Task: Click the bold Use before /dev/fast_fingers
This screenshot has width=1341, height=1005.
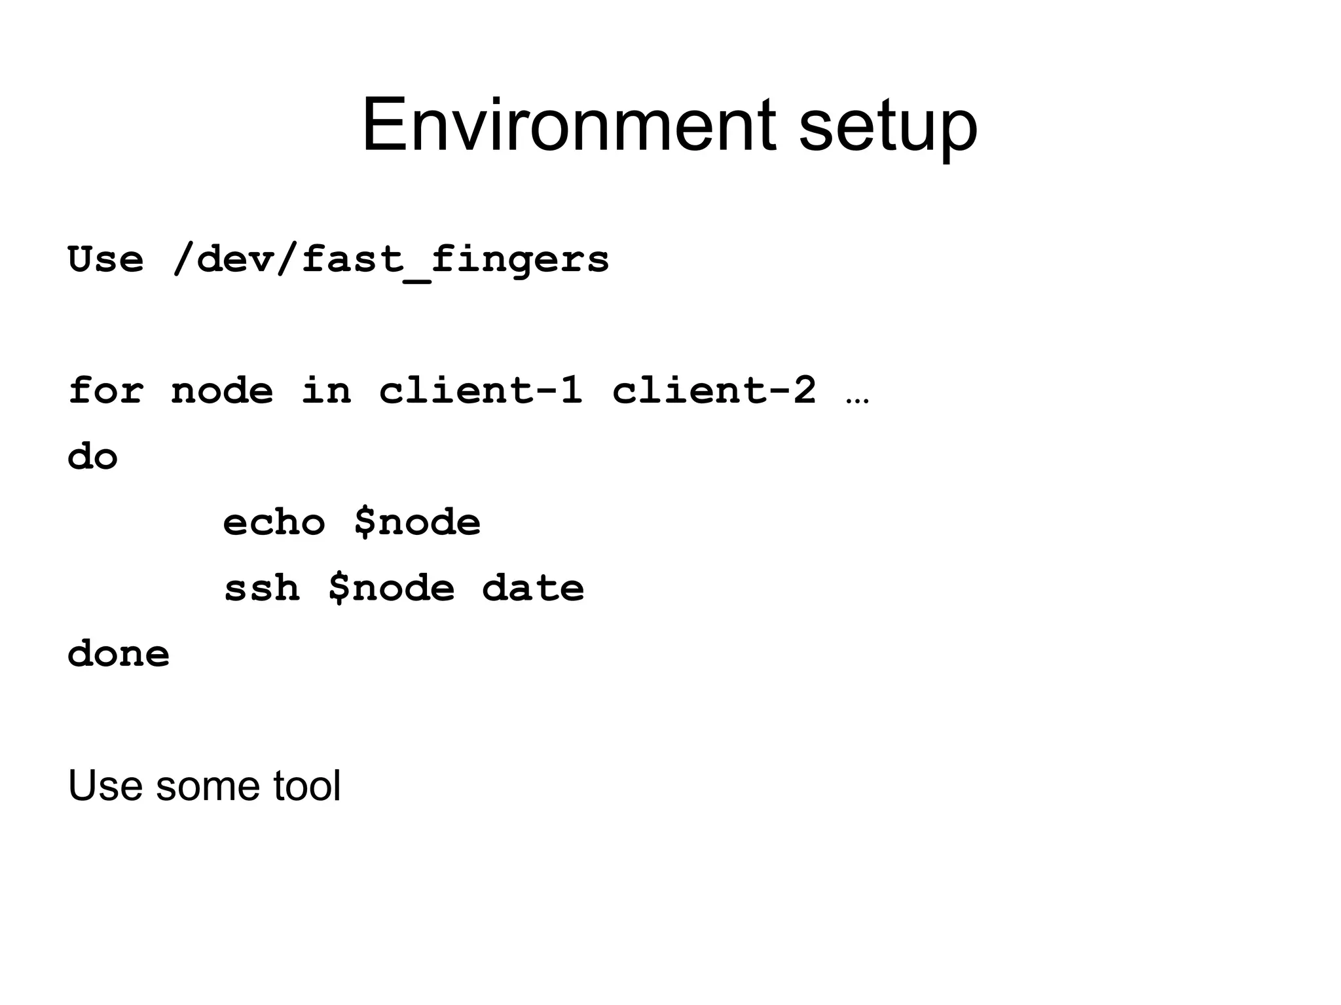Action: tap(105, 259)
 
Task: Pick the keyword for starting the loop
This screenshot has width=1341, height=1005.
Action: tap(105, 391)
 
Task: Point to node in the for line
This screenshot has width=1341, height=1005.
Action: tap(222, 392)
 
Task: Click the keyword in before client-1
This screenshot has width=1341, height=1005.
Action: tap(326, 391)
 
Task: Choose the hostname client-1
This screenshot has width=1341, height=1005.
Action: tap(481, 391)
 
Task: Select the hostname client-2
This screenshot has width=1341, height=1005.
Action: tap(714, 391)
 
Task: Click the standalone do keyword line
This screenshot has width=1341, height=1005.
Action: tap(92, 456)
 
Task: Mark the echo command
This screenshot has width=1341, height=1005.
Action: tap(274, 522)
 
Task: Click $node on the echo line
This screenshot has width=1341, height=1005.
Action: tap(417, 522)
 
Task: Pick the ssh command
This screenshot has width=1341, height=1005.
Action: tap(261, 588)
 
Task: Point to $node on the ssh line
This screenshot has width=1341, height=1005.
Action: tap(391, 588)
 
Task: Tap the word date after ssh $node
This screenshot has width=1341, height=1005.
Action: tap(533, 588)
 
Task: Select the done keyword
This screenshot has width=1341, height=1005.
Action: tap(119, 653)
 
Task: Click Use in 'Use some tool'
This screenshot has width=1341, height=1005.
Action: tap(105, 786)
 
